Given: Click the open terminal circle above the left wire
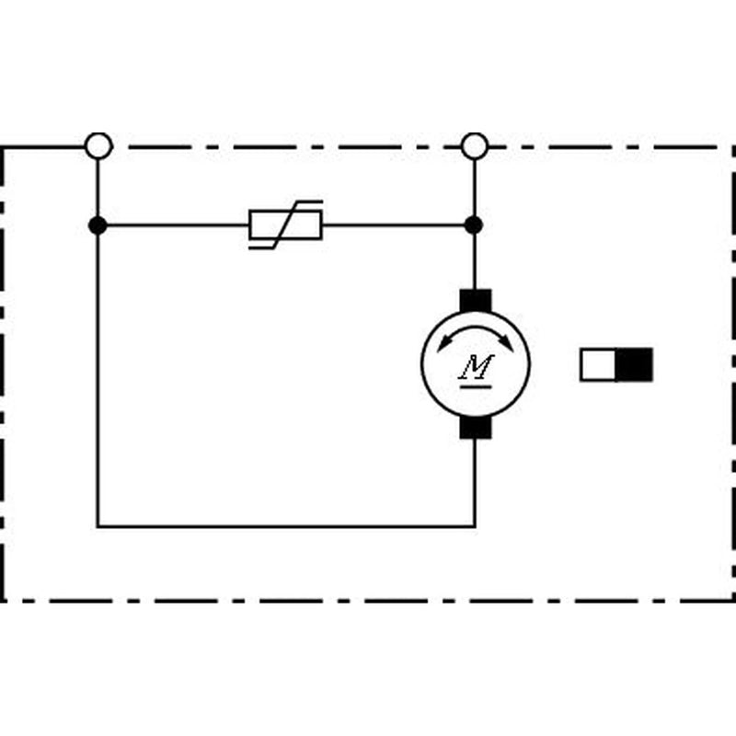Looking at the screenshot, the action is coord(98,146).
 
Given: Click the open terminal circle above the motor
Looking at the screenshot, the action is coord(475,146).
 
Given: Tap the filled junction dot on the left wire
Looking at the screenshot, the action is coord(98,225).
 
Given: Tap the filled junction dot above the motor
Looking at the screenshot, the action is coord(474,224).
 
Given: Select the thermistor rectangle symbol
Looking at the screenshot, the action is coord(285,225).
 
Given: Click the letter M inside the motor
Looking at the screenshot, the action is coord(476,366).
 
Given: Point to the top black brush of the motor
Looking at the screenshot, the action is coord(476,300).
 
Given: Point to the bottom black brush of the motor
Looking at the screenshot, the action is coord(476,427).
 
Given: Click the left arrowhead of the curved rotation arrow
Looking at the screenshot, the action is coord(443,343).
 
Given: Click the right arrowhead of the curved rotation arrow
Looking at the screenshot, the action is coord(507,343).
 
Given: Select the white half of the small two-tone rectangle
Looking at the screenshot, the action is coord(598,364).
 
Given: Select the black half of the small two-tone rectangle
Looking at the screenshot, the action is coord(634,364).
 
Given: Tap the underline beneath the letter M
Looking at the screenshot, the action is coord(476,386).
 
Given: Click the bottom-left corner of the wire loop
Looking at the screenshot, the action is coord(98,526).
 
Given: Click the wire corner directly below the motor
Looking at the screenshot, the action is coord(475,526).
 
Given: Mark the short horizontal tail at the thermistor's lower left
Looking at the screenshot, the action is coord(261,247).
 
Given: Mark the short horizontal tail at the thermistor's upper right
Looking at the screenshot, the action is coord(310,201).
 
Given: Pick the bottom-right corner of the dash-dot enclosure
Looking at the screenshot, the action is coord(733,601).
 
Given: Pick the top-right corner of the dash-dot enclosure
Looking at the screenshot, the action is coord(733,147).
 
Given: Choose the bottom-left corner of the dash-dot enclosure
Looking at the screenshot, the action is coord(3,601).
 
